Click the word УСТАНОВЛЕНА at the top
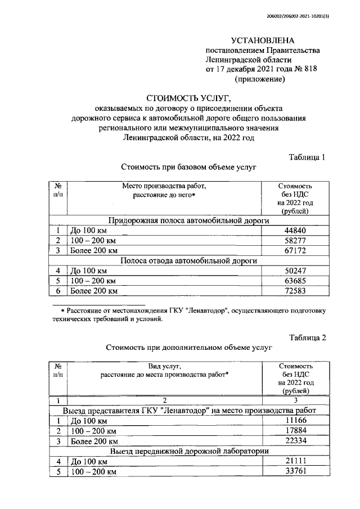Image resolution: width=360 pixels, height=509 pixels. coord(263,40)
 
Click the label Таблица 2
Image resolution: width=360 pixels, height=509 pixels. coord(307,337)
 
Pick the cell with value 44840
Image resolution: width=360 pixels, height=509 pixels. coord(295,231)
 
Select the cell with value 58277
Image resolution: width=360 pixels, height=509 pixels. coord(295,241)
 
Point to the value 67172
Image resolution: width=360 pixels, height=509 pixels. coord(295,251)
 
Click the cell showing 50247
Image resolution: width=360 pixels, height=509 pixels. coord(295,271)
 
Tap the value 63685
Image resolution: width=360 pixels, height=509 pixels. coord(295,281)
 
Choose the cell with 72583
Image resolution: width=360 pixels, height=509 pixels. coord(295,291)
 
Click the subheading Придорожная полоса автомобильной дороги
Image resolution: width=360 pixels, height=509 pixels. coord(188,221)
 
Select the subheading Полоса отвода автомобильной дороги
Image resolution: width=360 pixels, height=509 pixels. coord(188,261)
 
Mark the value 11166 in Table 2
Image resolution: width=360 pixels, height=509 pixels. coord(295,421)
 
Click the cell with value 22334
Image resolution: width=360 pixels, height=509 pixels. coord(295,441)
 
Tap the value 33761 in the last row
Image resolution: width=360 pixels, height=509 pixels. coord(295,471)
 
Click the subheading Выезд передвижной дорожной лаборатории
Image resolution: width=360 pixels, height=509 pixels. coord(188,451)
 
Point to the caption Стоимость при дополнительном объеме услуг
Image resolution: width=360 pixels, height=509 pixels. coord(188,348)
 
